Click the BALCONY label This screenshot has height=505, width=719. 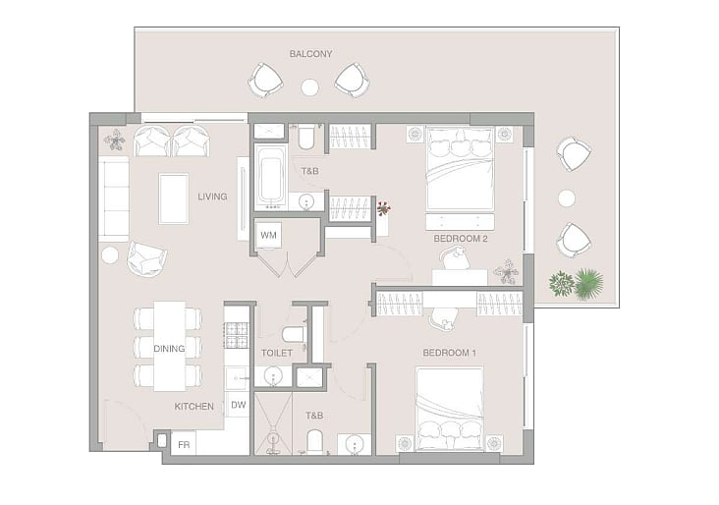[310, 54]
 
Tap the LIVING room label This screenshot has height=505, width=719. [212, 196]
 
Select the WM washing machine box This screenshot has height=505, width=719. [268, 235]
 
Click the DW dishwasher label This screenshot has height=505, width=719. [238, 405]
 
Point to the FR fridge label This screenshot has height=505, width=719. [184, 445]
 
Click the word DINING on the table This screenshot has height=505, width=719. [169, 349]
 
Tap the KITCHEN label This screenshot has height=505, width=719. [194, 407]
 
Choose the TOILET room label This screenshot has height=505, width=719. [277, 353]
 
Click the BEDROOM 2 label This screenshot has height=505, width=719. [461, 239]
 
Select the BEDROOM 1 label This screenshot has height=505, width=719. [449, 353]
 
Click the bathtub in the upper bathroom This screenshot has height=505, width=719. [270, 177]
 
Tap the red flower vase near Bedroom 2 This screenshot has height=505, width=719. [383, 209]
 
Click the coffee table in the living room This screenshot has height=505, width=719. [174, 198]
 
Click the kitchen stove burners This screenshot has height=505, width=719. [236, 335]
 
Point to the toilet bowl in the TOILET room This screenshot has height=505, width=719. [294, 334]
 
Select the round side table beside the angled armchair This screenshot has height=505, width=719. [110, 255]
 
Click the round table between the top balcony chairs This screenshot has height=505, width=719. [310, 87]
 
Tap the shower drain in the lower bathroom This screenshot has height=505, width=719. [273, 438]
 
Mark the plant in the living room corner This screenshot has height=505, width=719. [115, 140]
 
